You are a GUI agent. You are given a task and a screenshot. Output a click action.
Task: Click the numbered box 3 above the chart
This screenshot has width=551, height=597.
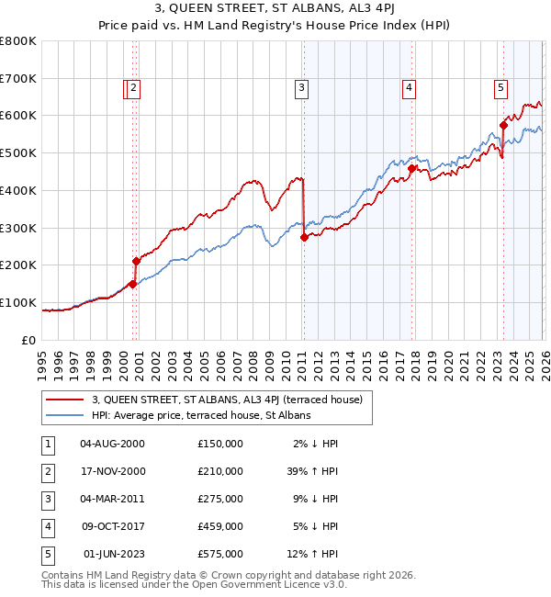(301, 88)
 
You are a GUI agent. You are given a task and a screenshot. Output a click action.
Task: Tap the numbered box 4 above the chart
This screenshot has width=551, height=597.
(409, 88)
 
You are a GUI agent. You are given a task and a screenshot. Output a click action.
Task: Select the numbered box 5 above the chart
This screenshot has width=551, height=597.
(500, 88)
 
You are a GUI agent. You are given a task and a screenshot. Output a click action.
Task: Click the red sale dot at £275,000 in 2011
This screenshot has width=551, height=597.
(304, 237)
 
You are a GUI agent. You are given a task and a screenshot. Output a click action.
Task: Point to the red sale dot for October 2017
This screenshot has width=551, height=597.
(411, 168)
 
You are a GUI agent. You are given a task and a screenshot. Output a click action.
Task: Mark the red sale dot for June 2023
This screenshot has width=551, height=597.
(503, 125)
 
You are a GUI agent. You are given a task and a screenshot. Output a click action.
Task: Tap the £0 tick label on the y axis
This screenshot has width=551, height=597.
(29, 340)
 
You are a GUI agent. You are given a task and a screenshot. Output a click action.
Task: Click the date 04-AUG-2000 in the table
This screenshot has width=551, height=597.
(113, 444)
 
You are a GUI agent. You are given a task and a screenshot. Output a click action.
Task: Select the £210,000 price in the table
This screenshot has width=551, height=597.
(220, 471)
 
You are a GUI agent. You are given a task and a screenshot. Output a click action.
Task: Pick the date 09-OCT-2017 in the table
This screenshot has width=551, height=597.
(113, 526)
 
